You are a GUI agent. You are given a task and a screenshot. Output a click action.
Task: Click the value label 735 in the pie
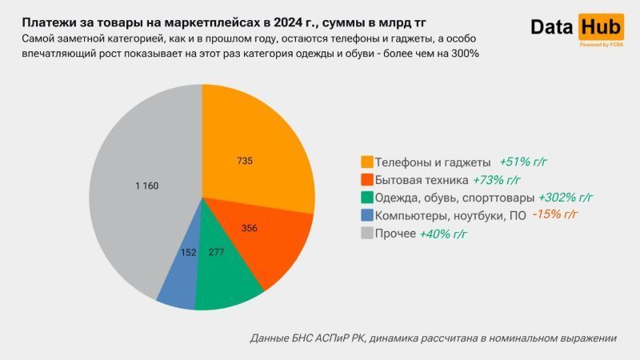point(245,161)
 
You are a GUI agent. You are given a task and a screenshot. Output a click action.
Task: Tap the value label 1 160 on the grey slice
point(147,186)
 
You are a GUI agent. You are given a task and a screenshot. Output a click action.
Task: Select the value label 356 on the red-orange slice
point(249,228)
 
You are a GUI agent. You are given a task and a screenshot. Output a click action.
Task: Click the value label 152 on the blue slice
point(187,252)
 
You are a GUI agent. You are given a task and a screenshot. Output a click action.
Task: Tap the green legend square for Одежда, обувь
point(367,198)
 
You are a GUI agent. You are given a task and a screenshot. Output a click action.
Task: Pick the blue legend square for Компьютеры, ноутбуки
point(367,215)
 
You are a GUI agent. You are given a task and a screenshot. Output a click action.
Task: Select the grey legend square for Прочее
point(367,234)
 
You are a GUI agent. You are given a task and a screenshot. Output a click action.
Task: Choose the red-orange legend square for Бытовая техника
point(367,180)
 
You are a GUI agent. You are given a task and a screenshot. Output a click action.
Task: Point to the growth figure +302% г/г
point(566,197)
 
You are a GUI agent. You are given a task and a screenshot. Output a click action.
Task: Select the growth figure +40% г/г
point(442,234)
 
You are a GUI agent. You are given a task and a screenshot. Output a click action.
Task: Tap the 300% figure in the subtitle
point(462,53)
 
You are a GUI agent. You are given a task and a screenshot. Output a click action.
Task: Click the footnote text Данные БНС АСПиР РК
point(308,338)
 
